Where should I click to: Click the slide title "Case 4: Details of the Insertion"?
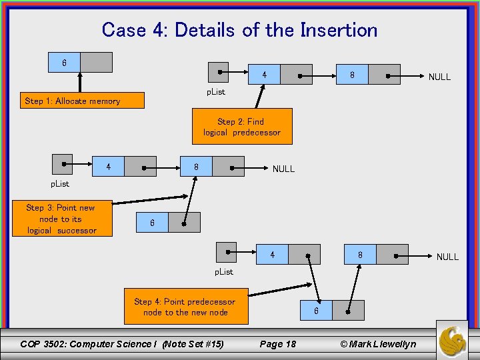point(239,30)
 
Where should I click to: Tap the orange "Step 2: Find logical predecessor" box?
point(242,127)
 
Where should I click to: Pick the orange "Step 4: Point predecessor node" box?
point(185,307)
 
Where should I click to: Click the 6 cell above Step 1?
point(65,63)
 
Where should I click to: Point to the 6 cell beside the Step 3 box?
point(152,223)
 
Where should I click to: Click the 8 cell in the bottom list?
point(360,255)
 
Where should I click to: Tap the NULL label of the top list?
point(439,77)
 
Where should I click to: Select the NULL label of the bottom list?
point(447,257)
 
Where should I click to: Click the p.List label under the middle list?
point(61,184)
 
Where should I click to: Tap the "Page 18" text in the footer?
point(277,344)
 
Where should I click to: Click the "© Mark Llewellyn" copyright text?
point(378,344)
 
